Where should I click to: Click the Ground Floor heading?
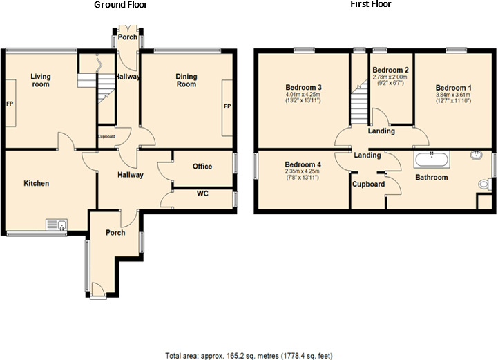point(120,5)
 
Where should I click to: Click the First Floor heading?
point(371,5)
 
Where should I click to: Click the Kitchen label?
point(37,184)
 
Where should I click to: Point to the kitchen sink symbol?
point(56,224)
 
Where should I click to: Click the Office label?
point(202,167)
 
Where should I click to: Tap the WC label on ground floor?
point(202,193)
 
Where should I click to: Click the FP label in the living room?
point(10,104)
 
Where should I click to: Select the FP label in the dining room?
point(227,107)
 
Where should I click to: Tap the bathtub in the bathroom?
point(432,160)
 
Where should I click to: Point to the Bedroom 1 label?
point(453,88)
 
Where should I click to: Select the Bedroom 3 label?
point(304,87)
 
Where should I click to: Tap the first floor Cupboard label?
point(368,184)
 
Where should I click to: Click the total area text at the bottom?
point(249,356)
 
